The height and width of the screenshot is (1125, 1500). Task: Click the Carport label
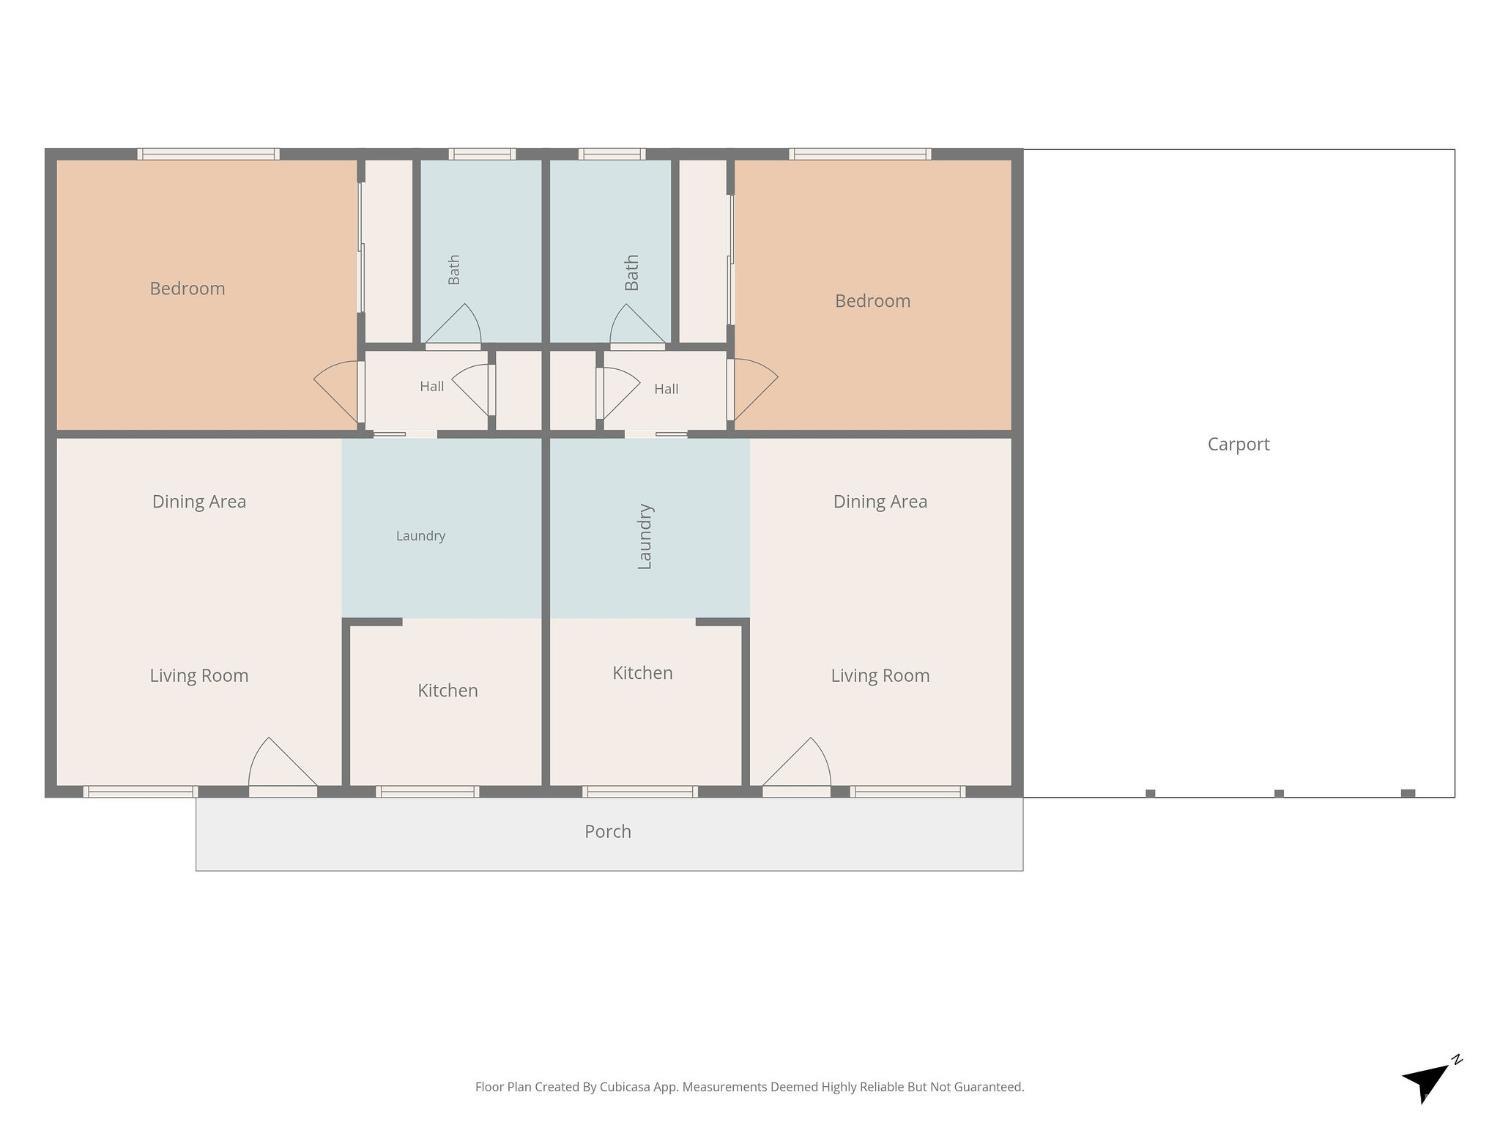[x=1238, y=445]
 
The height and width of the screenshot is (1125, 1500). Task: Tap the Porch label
[x=608, y=831]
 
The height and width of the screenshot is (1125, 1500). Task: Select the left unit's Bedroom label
[x=187, y=288]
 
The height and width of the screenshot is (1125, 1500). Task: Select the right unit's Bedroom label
[x=873, y=301]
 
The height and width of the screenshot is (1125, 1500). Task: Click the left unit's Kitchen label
[x=448, y=690]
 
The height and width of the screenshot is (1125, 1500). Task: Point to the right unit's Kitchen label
[x=642, y=673]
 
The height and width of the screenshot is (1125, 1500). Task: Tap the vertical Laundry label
[x=644, y=536]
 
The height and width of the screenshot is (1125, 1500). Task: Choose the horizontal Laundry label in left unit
[x=421, y=536]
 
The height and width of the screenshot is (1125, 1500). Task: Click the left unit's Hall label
[x=432, y=387]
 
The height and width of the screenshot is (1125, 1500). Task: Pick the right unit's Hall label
[x=666, y=389]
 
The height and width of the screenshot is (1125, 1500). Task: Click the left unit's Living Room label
[x=199, y=676]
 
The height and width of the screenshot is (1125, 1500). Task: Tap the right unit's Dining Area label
[x=880, y=501]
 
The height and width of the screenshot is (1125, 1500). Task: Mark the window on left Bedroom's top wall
[x=208, y=154]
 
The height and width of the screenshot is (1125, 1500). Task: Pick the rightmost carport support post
[x=1408, y=793]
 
